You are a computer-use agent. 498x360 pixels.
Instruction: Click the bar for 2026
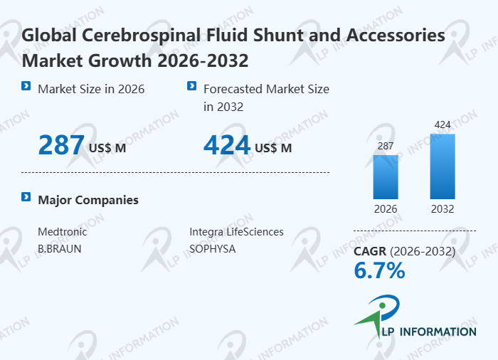pyautogui.click(x=386, y=176)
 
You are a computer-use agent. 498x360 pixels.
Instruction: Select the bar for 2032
pyautogui.click(x=443, y=166)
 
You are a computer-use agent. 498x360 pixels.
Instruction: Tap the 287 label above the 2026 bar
pyautogui.click(x=386, y=146)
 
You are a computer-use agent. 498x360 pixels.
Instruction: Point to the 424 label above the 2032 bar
pyautogui.click(x=443, y=125)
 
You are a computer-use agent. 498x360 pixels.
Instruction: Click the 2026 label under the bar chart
pyautogui.click(x=386, y=209)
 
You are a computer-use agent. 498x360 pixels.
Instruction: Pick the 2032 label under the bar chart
pyautogui.click(x=443, y=209)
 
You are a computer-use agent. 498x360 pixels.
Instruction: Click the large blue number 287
pyautogui.click(x=61, y=145)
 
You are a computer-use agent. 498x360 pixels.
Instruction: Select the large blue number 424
pyautogui.click(x=227, y=145)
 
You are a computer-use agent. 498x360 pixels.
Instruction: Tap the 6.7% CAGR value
pyautogui.click(x=379, y=270)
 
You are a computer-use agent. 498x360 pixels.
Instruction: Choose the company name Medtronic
pyautogui.click(x=62, y=232)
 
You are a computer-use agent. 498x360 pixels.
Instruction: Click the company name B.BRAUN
pyautogui.click(x=59, y=249)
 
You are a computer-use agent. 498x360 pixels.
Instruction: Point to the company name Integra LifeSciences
pyautogui.click(x=236, y=232)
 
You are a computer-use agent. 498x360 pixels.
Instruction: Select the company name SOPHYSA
pyautogui.click(x=212, y=249)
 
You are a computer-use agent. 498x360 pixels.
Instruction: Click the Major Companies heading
pyautogui.click(x=88, y=200)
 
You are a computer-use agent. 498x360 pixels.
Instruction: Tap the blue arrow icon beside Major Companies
pyautogui.click(x=26, y=197)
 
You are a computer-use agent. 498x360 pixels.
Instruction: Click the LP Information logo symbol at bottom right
pyautogui.click(x=377, y=315)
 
